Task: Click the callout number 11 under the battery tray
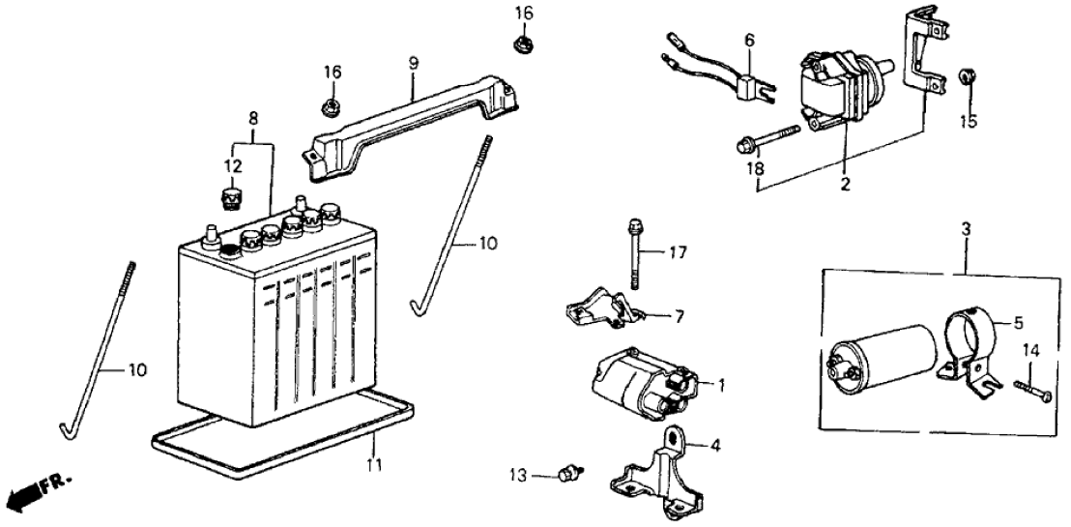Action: click(x=373, y=465)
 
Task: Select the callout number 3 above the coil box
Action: click(x=966, y=231)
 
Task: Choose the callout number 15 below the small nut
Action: click(x=968, y=122)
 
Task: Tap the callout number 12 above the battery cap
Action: click(x=229, y=166)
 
